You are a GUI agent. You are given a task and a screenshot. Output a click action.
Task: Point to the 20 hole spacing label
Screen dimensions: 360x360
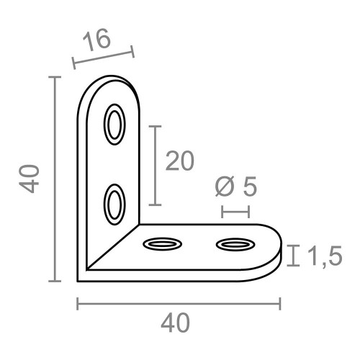[179, 162]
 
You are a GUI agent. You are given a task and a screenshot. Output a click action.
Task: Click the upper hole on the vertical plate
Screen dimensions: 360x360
[114, 124]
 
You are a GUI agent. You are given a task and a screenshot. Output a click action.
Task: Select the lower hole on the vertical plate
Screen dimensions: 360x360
[114, 203]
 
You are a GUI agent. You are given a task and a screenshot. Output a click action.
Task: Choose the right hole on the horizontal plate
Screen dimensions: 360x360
[235, 246]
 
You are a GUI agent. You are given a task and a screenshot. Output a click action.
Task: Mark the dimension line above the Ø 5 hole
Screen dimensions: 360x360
[235, 211]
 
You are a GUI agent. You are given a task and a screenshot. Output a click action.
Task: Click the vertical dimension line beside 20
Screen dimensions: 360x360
[154, 165]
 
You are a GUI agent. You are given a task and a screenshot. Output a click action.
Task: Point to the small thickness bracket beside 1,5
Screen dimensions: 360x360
[293, 256]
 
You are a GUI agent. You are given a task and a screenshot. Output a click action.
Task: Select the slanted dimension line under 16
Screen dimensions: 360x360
[103, 59]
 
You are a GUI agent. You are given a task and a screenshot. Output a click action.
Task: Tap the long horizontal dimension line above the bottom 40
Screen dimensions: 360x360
[178, 304]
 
